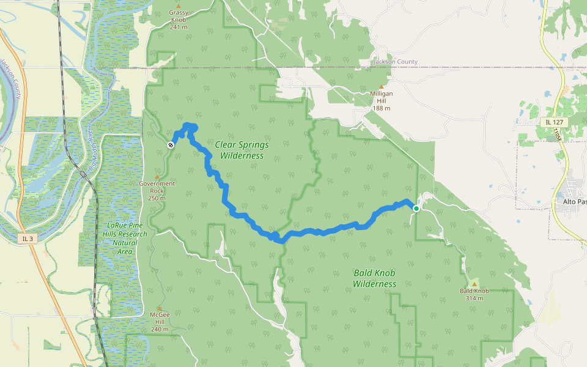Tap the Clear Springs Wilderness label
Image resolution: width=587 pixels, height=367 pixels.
click(242, 150)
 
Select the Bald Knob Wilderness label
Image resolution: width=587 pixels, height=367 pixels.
click(375, 279)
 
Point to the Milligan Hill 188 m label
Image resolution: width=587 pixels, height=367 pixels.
click(382, 101)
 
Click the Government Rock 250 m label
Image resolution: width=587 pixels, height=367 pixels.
click(157, 190)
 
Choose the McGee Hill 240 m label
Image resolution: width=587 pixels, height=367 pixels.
click(160, 322)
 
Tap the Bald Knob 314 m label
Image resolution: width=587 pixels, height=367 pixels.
click(474, 294)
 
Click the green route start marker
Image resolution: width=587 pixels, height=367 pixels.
click(416, 209)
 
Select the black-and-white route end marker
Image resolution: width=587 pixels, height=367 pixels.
click(171, 145)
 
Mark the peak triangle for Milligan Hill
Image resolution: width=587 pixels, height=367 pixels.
click(382, 86)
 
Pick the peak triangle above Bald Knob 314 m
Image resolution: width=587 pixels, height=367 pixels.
click(474, 284)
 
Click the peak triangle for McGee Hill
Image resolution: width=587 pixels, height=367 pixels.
click(160, 308)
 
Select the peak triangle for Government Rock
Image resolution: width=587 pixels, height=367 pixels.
click(157, 177)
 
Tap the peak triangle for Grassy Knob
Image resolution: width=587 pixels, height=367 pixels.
click(178, 6)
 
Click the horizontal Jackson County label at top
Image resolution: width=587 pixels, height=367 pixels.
click(396, 62)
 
